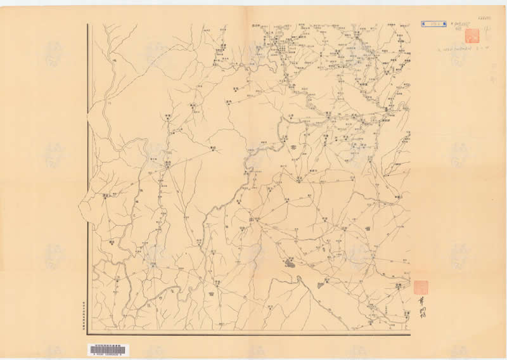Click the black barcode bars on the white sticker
tap(106, 347)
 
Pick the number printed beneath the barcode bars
tap(106, 353)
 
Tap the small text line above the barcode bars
tap(106, 342)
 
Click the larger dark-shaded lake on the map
tap(289, 261)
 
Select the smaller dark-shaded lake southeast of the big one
tap(320, 285)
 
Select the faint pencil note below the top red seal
tap(472, 46)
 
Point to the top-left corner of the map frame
tap(88, 25)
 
